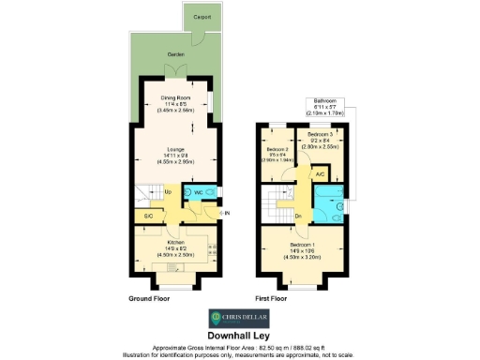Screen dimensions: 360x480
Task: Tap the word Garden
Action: pyautogui.click(x=175, y=55)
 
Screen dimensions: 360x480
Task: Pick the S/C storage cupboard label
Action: pyautogui.click(x=148, y=217)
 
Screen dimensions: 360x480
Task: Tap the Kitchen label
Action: pyautogui.click(x=175, y=241)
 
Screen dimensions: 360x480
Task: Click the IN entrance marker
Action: pyautogui.click(x=225, y=213)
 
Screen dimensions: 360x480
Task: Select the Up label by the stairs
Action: pyautogui.click(x=168, y=192)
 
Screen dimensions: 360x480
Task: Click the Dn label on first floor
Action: pyautogui.click(x=297, y=216)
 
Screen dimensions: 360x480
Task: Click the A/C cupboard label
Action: pyautogui.click(x=320, y=174)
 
